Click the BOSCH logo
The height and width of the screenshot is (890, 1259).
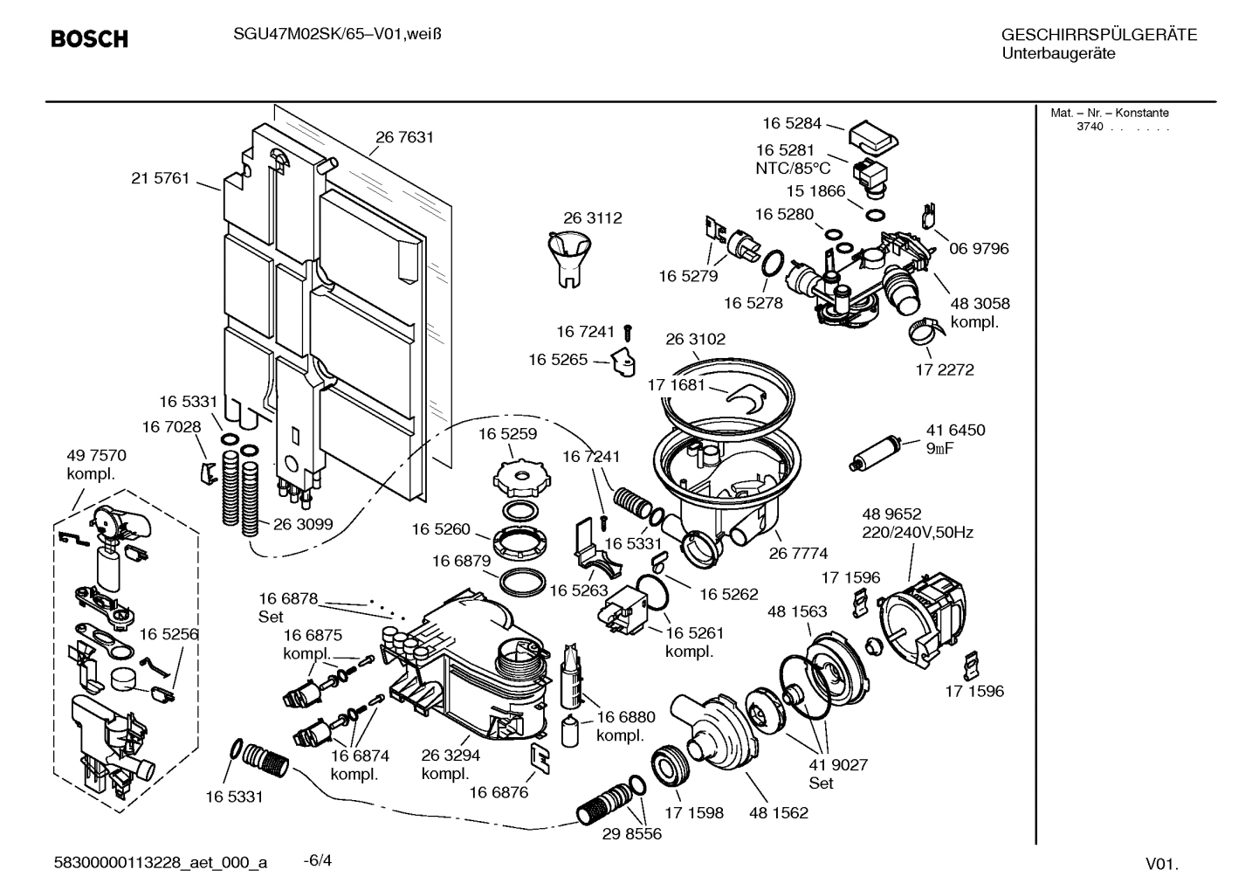pos(90,39)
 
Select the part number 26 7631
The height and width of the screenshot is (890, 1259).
pos(404,137)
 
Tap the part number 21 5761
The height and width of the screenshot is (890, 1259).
pos(160,178)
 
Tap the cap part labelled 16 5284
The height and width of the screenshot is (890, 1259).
pos(873,135)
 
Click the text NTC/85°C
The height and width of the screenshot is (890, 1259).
pos(793,169)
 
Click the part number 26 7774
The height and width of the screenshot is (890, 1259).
pos(798,553)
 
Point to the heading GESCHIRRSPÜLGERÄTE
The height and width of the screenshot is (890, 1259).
pos(1098,36)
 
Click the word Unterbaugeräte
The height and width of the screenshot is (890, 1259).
pos(1057,54)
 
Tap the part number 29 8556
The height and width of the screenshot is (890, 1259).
pos(632,834)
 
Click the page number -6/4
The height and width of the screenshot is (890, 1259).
pos(317,861)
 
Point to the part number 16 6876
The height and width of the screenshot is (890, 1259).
pos(499,792)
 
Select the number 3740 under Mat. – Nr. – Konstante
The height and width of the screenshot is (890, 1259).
pos(1090,127)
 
